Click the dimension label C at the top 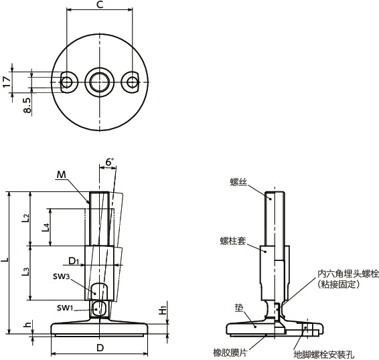coord(99,6)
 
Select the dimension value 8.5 coord(27,105)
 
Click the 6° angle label coord(109,162)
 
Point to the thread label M coord(62,175)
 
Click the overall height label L coord(6,258)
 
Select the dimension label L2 coord(26,217)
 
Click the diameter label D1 coord(74,261)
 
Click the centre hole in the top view coord(99,81)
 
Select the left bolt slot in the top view coord(66,81)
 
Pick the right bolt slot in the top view coord(132,81)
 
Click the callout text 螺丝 coord(238,181)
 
